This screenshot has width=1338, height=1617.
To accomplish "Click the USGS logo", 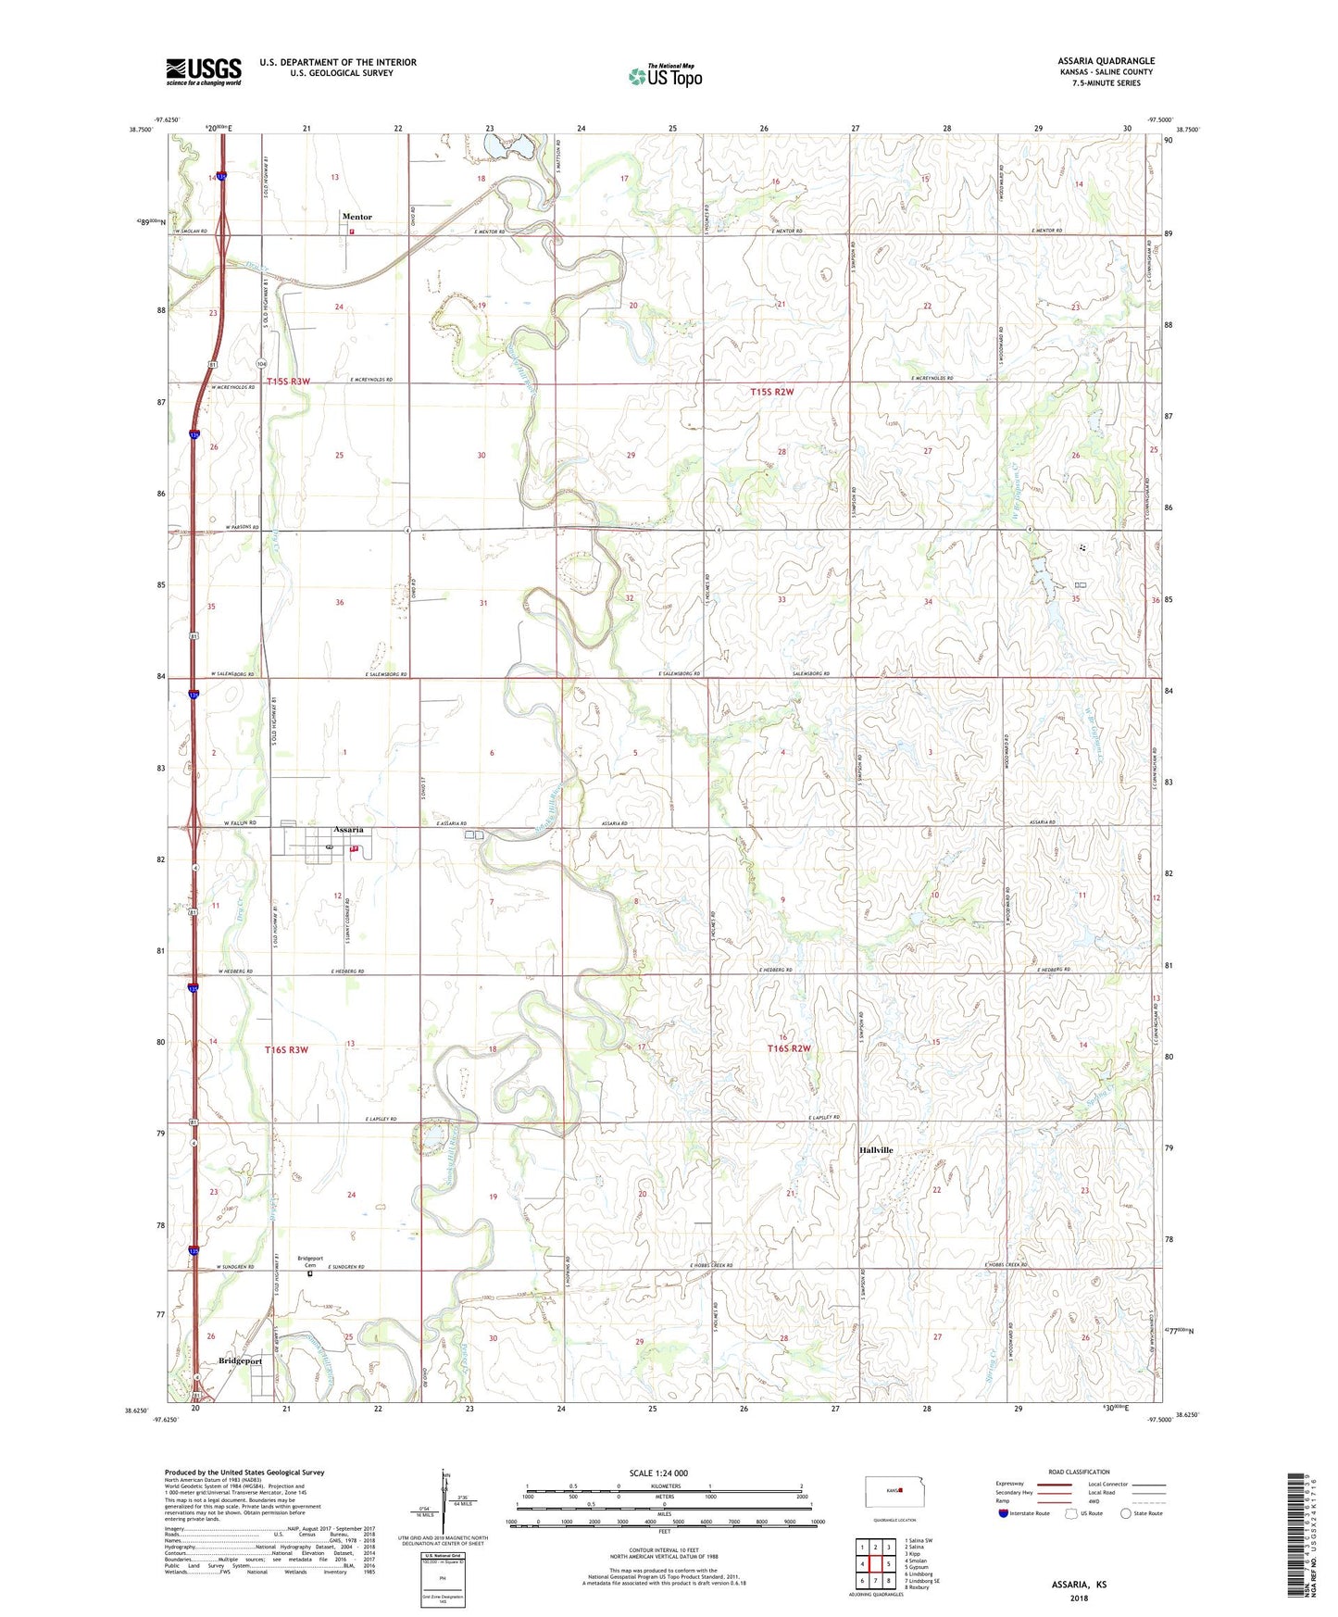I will coord(204,71).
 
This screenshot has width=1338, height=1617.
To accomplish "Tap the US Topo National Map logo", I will coord(665,76).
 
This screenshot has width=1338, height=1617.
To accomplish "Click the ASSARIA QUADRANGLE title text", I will coord(1106,61).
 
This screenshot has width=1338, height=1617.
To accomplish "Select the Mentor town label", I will coord(356,217).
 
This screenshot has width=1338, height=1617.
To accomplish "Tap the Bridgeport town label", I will coord(240,1361).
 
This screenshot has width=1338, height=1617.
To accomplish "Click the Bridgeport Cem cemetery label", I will coord(310,1261).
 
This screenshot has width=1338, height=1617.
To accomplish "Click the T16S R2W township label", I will coord(788,1048).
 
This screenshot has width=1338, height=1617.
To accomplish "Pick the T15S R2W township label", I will coord(771,392).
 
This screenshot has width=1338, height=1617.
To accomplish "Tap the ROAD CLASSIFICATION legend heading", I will coord(1079,1472).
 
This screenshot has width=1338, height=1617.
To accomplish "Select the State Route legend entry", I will coord(1141,1513).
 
